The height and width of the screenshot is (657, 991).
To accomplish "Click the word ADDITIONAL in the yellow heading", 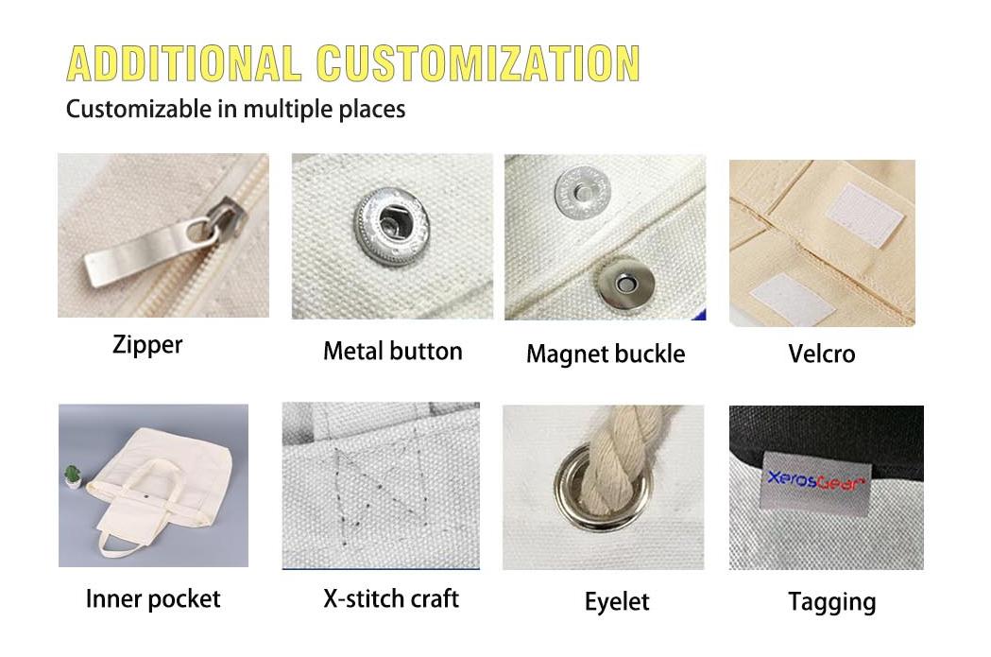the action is [x=183, y=63].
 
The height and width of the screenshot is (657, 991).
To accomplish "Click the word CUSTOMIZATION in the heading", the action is [x=478, y=63].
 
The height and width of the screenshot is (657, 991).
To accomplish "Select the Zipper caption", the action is [x=147, y=345].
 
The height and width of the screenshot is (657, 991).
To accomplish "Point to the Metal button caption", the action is [x=392, y=352].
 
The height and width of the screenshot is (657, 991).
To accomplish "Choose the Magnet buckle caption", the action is [x=606, y=354].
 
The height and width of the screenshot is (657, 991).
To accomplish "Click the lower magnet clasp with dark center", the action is [x=625, y=284].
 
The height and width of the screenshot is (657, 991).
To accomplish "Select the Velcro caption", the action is [x=822, y=354].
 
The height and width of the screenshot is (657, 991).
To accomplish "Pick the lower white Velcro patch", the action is [x=791, y=299].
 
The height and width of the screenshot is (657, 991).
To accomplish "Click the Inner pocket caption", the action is [x=153, y=599].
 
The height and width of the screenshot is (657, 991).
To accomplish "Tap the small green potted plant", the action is [x=73, y=476].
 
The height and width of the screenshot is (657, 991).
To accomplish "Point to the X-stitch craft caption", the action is [x=391, y=598].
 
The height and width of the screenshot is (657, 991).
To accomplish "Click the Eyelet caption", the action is [x=617, y=602].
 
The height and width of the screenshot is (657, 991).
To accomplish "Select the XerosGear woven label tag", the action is [x=815, y=482].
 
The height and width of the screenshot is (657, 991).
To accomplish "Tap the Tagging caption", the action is [x=831, y=602].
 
